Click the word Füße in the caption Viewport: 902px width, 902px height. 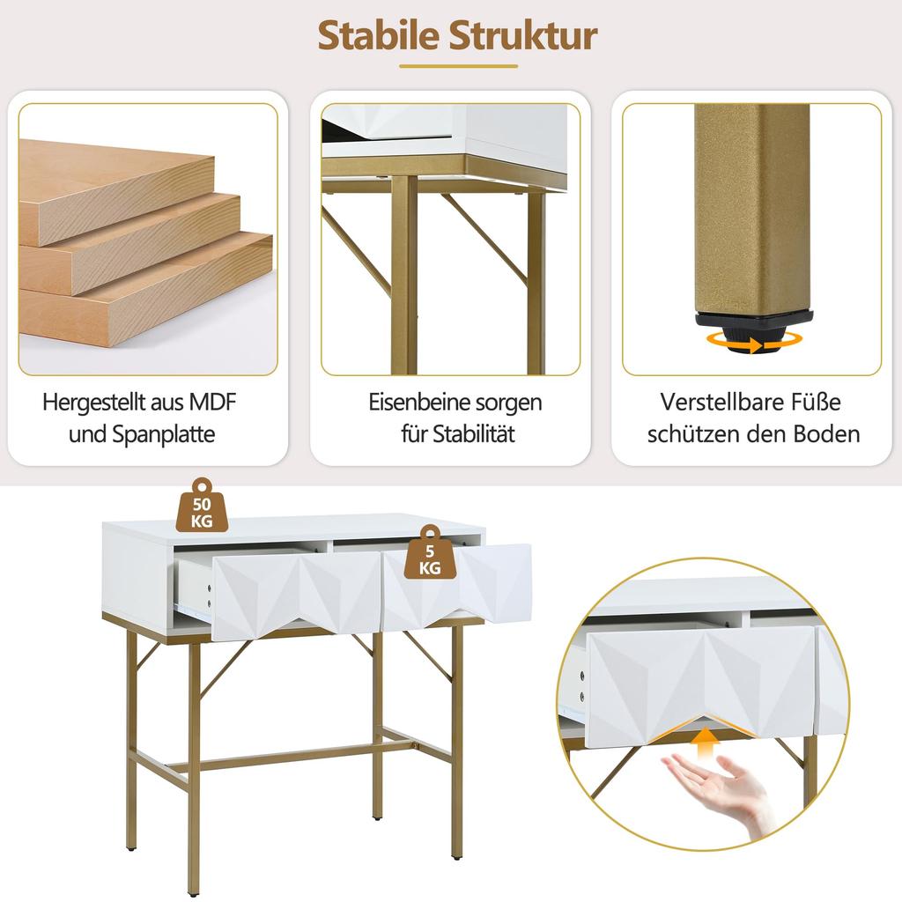(x=818, y=403)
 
